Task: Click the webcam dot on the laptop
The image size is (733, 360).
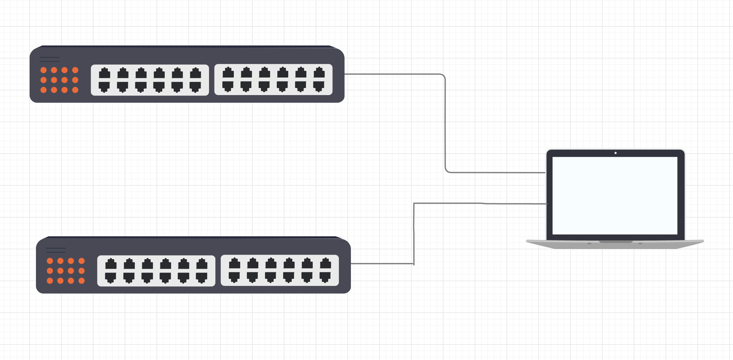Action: tap(616, 153)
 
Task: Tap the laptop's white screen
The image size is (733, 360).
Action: tap(615, 195)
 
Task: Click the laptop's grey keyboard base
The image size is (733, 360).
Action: tap(615, 245)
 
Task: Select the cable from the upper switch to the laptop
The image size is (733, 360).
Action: tap(445, 124)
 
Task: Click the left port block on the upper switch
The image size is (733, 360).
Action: tap(150, 80)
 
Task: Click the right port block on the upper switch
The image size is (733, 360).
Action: tap(273, 80)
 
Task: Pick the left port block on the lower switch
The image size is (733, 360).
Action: tap(156, 271)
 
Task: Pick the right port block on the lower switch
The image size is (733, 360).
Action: tap(280, 270)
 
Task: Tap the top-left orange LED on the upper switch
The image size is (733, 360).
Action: tap(44, 70)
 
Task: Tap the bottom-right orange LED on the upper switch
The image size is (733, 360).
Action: tap(75, 90)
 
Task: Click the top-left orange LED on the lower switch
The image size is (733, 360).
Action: tap(50, 261)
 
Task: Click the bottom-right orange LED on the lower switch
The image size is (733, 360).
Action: tap(81, 281)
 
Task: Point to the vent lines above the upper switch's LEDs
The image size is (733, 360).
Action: tap(50, 59)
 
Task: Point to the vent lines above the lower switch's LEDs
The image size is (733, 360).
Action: tap(56, 250)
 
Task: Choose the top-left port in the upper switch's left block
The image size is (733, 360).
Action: tap(104, 73)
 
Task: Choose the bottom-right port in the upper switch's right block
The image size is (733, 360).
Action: tap(319, 86)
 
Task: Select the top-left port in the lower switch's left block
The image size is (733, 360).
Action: tap(111, 264)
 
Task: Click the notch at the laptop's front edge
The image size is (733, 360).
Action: tap(616, 242)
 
